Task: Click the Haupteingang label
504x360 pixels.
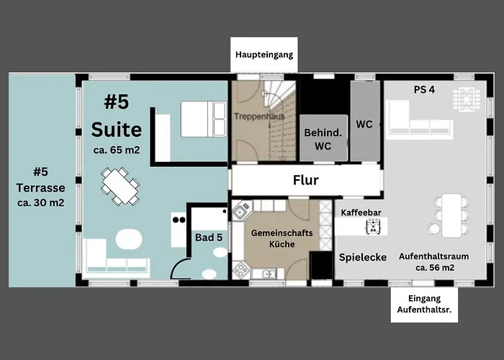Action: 264,55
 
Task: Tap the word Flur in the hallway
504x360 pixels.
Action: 306,180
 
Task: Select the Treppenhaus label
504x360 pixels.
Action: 259,116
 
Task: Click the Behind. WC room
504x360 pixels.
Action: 323,138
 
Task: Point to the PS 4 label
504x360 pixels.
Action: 424,90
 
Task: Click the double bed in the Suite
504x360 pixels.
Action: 204,120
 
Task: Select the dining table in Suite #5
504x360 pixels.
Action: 120,186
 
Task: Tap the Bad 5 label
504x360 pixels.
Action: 209,238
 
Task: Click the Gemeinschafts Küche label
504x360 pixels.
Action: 282,238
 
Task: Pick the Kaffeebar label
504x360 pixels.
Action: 361,212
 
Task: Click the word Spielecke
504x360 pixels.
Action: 363,258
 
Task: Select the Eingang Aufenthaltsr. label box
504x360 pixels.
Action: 424,305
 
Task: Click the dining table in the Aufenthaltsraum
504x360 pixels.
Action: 452,215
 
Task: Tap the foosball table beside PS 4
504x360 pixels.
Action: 467,99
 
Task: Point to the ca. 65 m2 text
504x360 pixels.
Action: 117,150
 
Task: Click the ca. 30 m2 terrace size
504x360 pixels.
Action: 41,203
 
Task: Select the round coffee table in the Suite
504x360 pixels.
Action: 129,239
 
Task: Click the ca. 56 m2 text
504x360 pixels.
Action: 435,268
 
